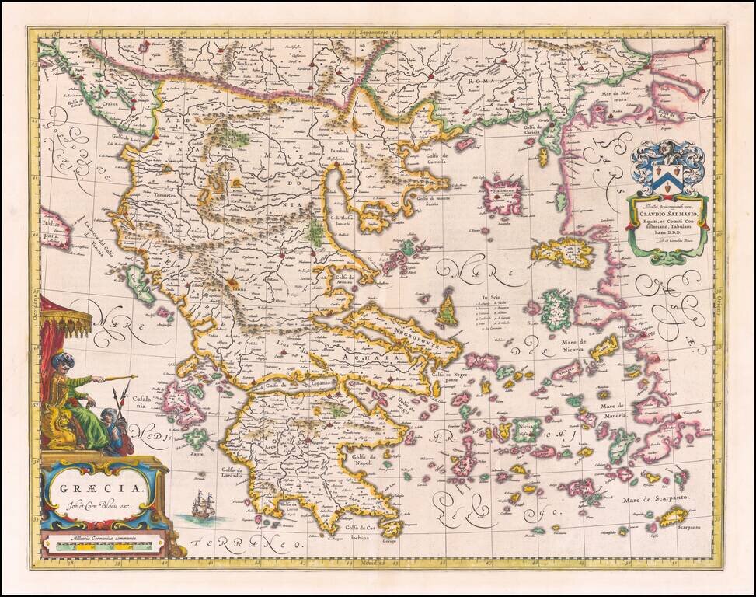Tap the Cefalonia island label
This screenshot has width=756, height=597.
(x=128, y=400)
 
